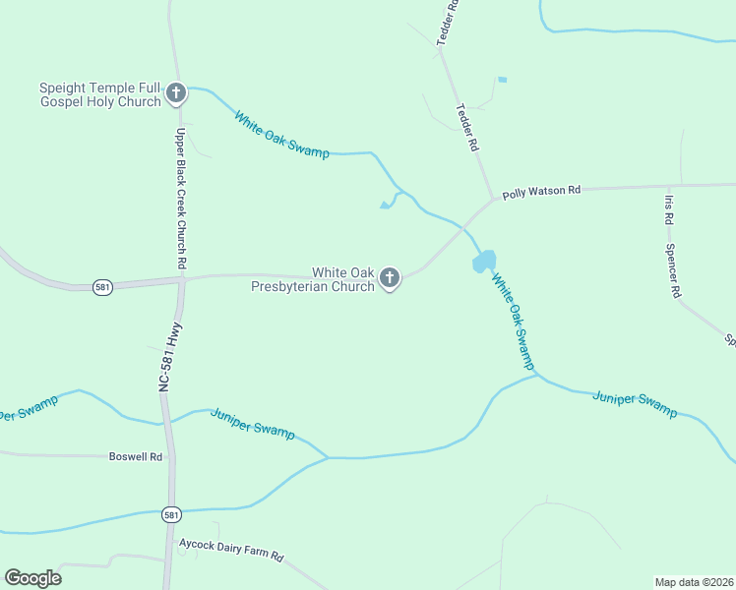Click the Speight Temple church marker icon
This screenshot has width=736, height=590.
click(176, 93)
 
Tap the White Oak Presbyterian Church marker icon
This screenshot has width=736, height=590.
click(390, 279)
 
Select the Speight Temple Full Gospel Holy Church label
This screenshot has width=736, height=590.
click(99, 94)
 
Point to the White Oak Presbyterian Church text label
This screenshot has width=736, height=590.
click(313, 279)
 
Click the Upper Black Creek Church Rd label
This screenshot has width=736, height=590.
click(181, 199)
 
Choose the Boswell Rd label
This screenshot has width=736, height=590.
click(136, 456)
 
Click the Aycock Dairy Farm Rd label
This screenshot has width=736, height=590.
click(231, 550)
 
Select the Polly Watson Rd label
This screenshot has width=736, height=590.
click(542, 192)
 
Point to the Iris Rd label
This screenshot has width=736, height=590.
click(669, 207)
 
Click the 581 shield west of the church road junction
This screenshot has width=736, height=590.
click(102, 287)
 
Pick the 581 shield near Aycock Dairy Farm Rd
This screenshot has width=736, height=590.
click(171, 514)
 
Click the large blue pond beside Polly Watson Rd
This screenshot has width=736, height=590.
click(484, 262)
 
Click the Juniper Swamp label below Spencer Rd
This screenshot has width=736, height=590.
click(635, 403)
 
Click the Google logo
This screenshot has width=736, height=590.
click(32, 578)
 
